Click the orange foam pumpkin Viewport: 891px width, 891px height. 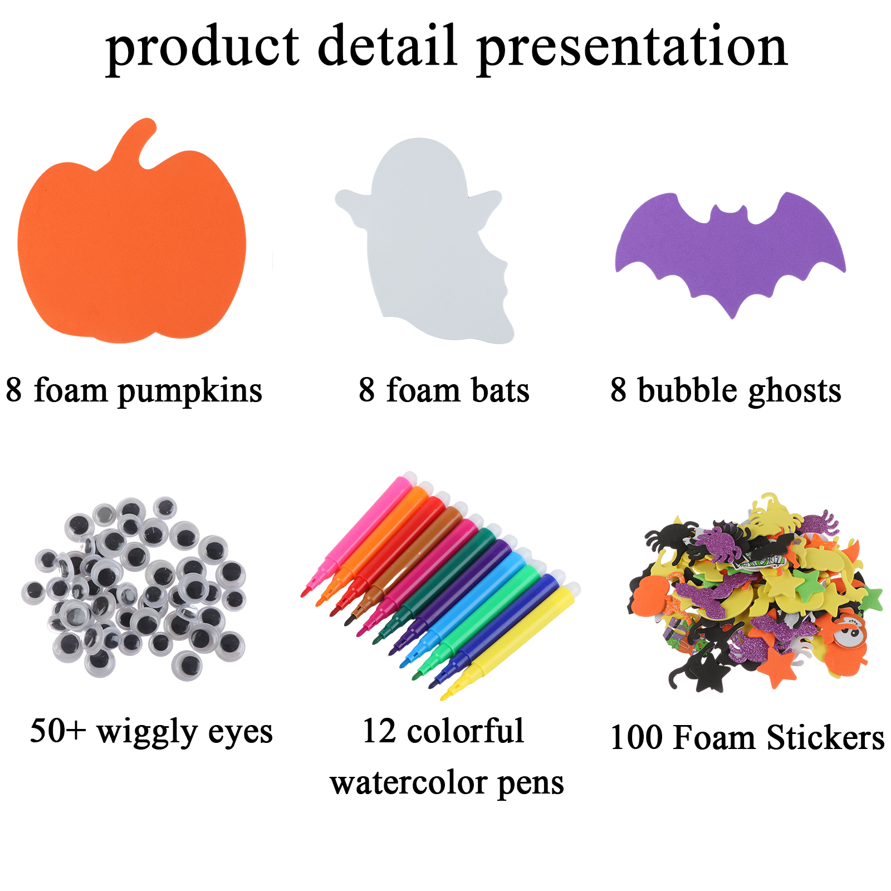[132, 245]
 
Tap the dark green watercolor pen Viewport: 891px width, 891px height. [434, 585]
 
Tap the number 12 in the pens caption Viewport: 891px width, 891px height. [379, 731]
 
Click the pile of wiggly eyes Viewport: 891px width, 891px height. [134, 588]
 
